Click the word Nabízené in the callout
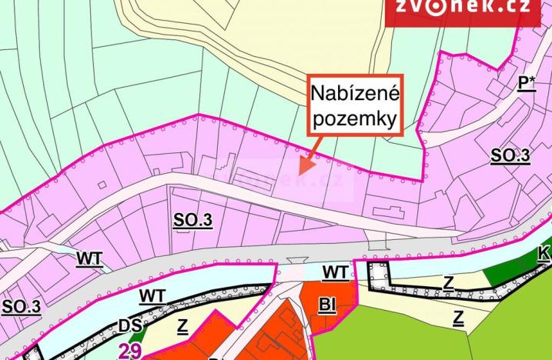click(354, 95)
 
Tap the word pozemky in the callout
click(354, 120)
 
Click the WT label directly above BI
click(335, 272)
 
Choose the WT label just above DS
click(152, 295)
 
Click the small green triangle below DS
click(137, 335)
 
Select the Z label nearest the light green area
click(458, 316)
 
